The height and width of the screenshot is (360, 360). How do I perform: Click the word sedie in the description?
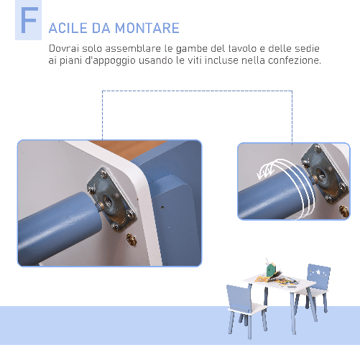click(305, 48)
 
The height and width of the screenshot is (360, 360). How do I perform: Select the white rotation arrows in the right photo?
click(268, 171)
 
